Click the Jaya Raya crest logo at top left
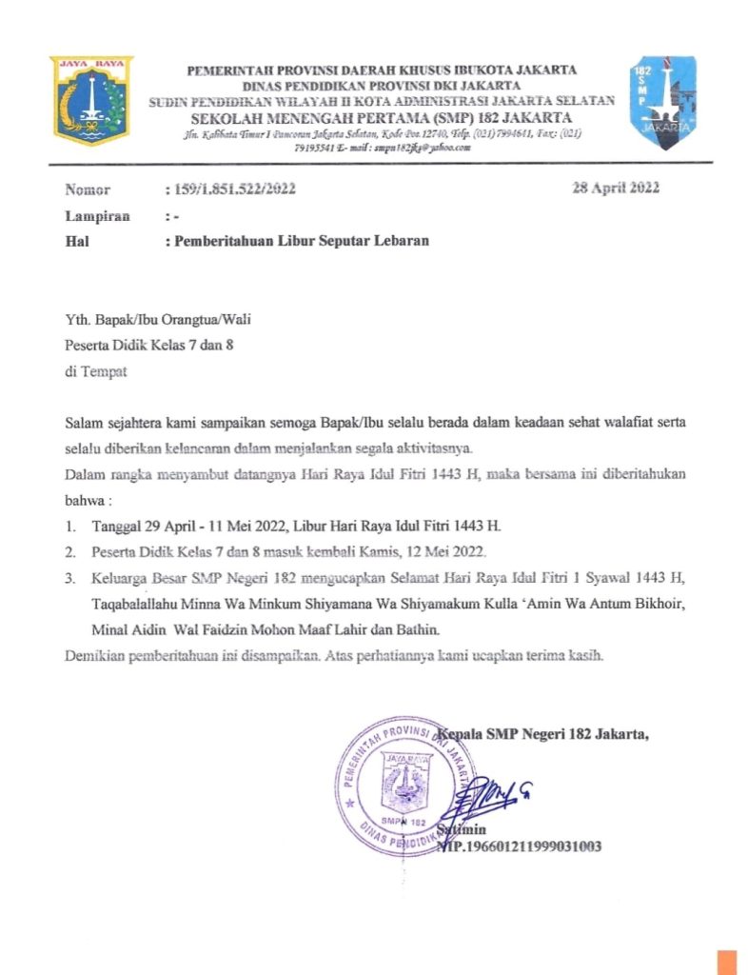(x=91, y=100)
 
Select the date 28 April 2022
(x=616, y=188)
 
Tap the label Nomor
(x=88, y=189)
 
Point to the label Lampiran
(x=97, y=216)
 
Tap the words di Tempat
(x=95, y=371)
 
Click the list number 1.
(x=69, y=527)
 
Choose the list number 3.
(x=69, y=578)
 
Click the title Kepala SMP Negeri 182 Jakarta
(x=544, y=733)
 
